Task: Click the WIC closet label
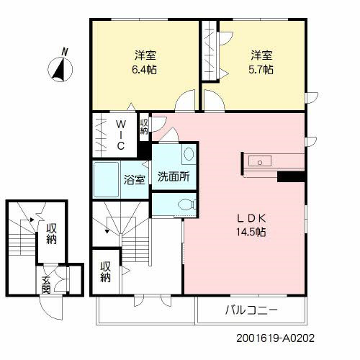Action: [x=121, y=134]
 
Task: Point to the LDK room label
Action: [x=251, y=219]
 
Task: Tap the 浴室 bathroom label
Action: [x=134, y=179]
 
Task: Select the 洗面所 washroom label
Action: [x=174, y=175]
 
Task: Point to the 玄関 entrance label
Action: [x=46, y=285]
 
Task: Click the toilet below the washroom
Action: [x=184, y=204]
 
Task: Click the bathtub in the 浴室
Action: [x=107, y=180]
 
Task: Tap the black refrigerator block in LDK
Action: [x=292, y=176]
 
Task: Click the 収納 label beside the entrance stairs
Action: [x=51, y=234]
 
